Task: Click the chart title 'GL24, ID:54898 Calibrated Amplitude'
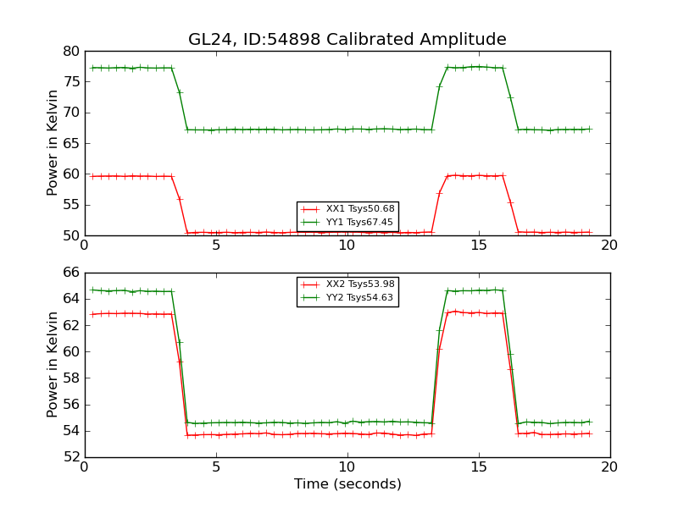[x=347, y=40]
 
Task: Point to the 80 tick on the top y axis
[x=70, y=51]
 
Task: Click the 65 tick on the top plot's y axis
[x=70, y=143]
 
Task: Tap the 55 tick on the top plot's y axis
[x=70, y=205]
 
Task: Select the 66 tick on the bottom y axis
[x=70, y=273]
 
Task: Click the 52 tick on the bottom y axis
[x=70, y=457]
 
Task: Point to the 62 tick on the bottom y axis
[x=70, y=325]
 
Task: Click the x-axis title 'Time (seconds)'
[x=347, y=484]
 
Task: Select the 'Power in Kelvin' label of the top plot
[x=53, y=143]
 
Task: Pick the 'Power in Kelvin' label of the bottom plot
[x=53, y=365]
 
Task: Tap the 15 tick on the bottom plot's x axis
[x=479, y=467]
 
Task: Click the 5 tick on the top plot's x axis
[x=216, y=245]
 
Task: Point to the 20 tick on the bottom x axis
[x=609, y=467]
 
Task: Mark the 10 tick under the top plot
[x=347, y=245]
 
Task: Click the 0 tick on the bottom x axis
[x=85, y=467]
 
